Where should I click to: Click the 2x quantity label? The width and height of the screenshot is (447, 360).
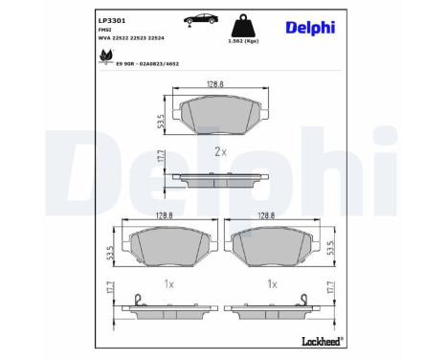220,152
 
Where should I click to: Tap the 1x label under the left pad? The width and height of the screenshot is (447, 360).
168,284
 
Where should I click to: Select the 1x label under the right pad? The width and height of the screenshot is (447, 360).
274,284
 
